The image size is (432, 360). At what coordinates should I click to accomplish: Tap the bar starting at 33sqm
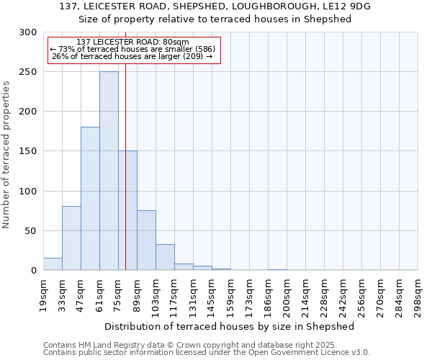tap(71, 238)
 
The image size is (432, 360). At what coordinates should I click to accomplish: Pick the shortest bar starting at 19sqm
tap(53, 264)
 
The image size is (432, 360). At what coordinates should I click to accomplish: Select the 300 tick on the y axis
tap(28, 32)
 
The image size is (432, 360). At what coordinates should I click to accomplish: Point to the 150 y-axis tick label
tap(28, 152)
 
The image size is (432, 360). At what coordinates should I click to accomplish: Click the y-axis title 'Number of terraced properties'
tap(6, 154)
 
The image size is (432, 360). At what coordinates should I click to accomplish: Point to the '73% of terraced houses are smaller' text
tap(132, 49)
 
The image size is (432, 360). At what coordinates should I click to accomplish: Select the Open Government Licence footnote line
tap(207, 353)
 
